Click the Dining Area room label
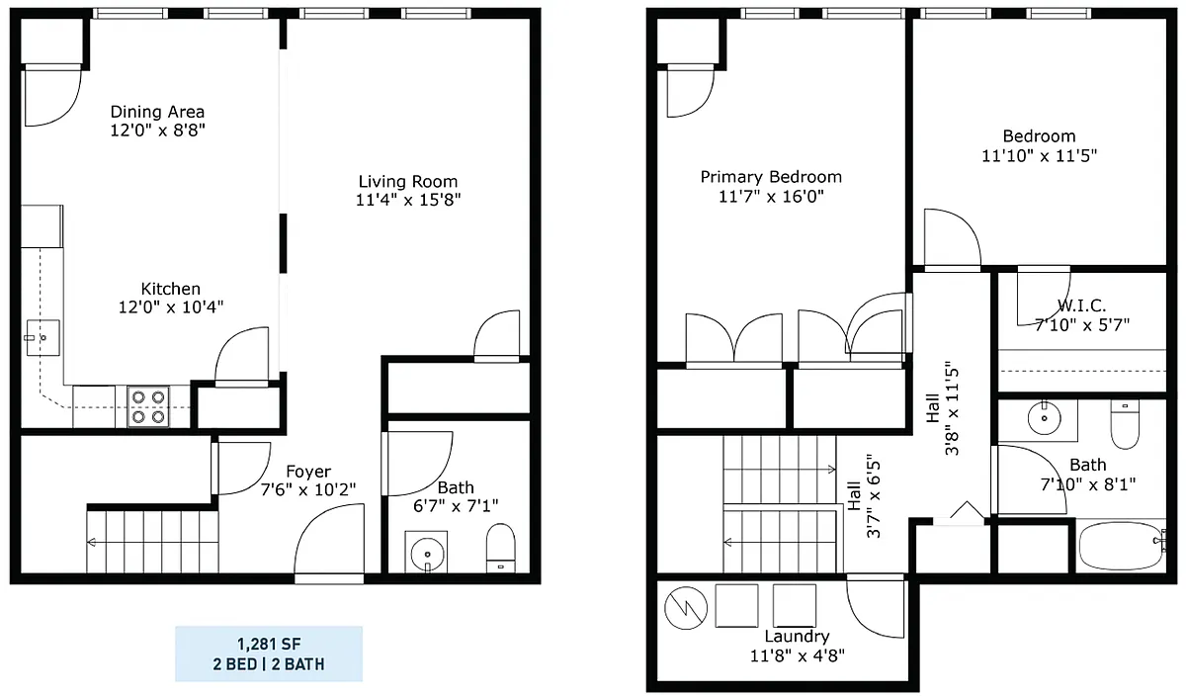tap(157, 112)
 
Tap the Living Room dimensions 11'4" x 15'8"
tap(408, 200)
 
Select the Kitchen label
tap(170, 289)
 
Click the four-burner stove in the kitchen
tap(148, 406)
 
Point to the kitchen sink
tap(42, 337)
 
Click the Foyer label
tap(308, 472)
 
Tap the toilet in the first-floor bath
tap(500, 548)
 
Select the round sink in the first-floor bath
tap(427, 554)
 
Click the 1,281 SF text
tap(269, 644)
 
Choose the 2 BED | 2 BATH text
tap(269, 664)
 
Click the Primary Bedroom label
tap(771, 177)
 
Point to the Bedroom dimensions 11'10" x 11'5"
tap(1040, 156)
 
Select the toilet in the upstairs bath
tap(1125, 424)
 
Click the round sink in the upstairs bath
tap(1044, 418)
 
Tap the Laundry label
tap(797, 636)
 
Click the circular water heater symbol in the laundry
tap(686, 608)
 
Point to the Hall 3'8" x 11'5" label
tap(943, 407)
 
